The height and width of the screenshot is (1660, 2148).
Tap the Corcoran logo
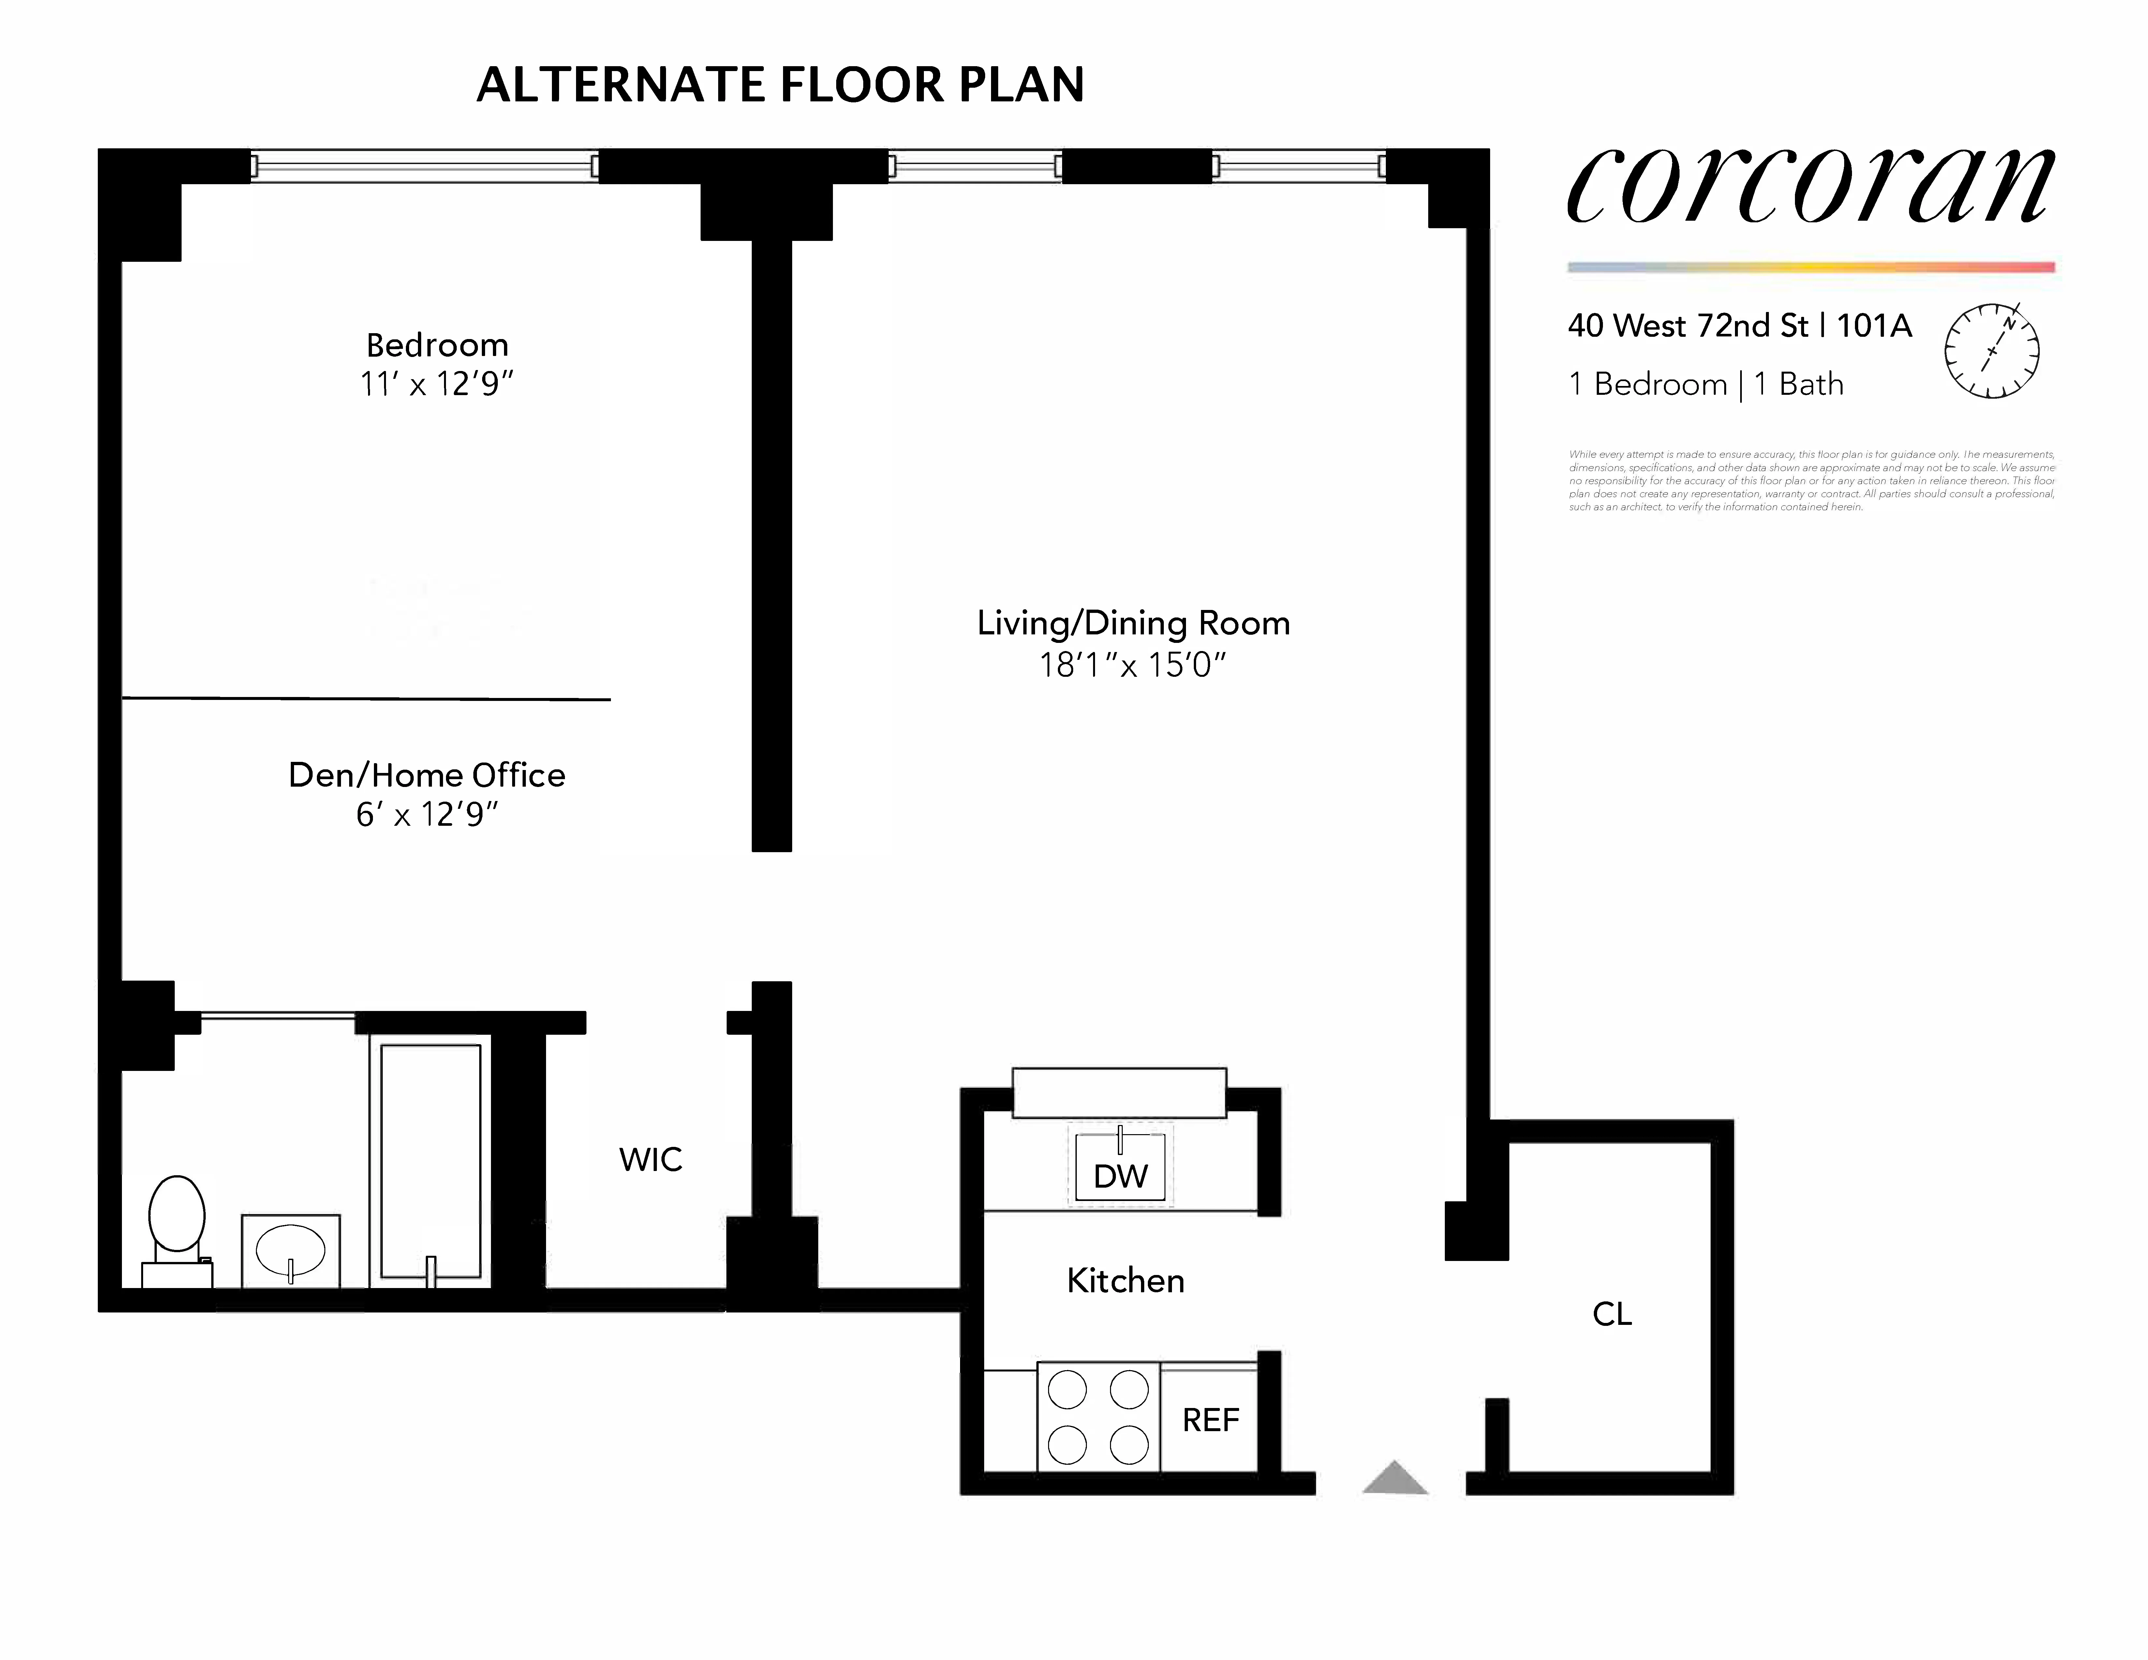tap(1810, 187)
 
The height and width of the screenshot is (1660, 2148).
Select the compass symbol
tap(1992, 351)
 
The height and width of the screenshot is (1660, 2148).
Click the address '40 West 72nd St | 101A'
tap(1739, 325)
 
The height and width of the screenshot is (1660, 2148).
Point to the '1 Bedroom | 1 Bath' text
tap(1705, 384)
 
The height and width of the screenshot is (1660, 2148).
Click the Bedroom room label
tap(437, 345)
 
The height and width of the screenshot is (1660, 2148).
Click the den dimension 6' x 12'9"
tap(427, 814)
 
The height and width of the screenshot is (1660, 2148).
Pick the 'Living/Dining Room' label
tap(1133, 624)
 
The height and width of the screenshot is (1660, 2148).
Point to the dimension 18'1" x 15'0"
tap(1133, 666)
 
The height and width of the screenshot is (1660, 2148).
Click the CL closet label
tap(1612, 1314)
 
